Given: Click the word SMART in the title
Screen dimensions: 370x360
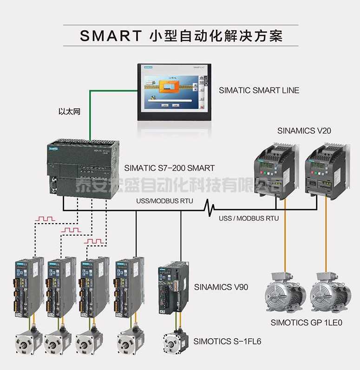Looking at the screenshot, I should [110, 36].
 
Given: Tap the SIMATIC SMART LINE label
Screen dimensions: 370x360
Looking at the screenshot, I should [259, 90].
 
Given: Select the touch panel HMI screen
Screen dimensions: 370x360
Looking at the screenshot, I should [174, 92].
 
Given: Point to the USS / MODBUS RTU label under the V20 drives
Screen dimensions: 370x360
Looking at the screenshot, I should [249, 218].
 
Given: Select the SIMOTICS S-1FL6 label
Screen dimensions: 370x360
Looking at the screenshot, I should [227, 342].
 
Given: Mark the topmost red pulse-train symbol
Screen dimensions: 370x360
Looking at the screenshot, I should [47, 218].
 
